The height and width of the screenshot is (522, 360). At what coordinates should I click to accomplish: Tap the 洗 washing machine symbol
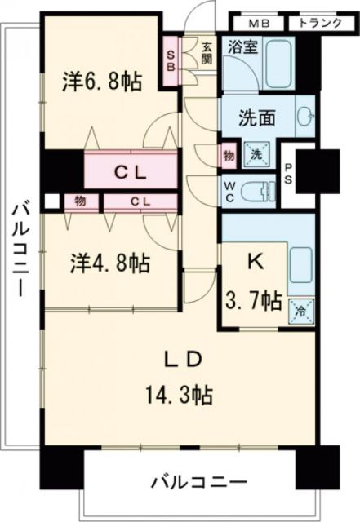(255, 154)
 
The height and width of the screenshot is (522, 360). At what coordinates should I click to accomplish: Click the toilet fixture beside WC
(261, 191)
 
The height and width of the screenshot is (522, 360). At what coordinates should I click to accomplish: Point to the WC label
(231, 191)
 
